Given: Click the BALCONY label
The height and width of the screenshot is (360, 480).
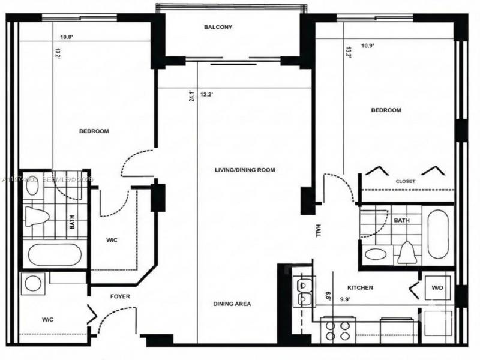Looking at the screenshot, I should point(217,28).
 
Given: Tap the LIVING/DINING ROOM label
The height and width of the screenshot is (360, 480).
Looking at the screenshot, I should point(245,170).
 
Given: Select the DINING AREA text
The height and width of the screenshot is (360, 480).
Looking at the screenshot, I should point(232,304).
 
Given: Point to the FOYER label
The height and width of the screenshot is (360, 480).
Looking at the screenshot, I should point(119,296).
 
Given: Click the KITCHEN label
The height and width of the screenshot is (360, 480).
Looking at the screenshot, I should point(359,288).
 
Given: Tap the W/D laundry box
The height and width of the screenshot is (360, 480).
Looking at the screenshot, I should point(436,288).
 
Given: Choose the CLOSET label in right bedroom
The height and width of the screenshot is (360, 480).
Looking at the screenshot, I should point(406,181).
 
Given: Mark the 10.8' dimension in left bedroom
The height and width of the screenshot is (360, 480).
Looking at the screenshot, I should point(66,37).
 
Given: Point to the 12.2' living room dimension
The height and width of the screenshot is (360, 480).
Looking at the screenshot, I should point(207,94).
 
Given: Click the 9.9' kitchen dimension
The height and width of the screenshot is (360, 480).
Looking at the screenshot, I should point(346,299).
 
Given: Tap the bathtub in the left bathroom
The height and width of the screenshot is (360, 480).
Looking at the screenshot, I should point(55,254).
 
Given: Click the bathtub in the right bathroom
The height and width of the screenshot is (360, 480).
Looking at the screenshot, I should point(438,234).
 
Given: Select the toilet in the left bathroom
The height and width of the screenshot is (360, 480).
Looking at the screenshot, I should point(37,215).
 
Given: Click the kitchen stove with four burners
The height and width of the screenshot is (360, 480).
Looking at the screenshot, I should point(337,331).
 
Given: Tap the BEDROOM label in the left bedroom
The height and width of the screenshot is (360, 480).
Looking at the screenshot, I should point(94,131).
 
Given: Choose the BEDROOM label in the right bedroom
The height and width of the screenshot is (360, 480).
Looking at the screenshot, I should point(386,110).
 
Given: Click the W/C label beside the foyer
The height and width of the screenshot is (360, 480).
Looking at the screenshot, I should point(49,319).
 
